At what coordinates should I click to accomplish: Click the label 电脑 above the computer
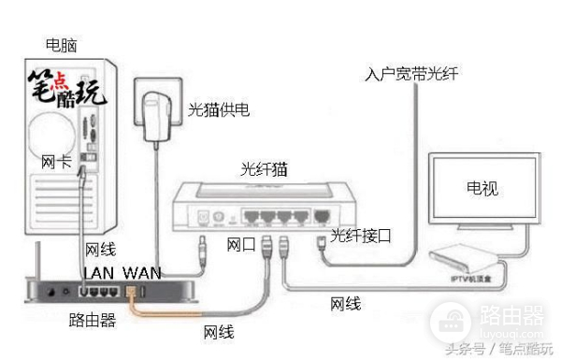click(x=63, y=44)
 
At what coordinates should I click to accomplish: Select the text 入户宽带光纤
click(x=409, y=73)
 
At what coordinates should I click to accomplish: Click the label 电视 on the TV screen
click(x=482, y=188)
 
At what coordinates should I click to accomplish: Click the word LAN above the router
click(x=102, y=271)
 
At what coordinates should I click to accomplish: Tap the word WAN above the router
click(x=142, y=271)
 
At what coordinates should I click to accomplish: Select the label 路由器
click(x=93, y=321)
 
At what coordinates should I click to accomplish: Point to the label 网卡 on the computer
click(x=55, y=163)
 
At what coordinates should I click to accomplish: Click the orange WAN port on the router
click(x=132, y=292)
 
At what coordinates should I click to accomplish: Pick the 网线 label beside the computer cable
click(x=100, y=250)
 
